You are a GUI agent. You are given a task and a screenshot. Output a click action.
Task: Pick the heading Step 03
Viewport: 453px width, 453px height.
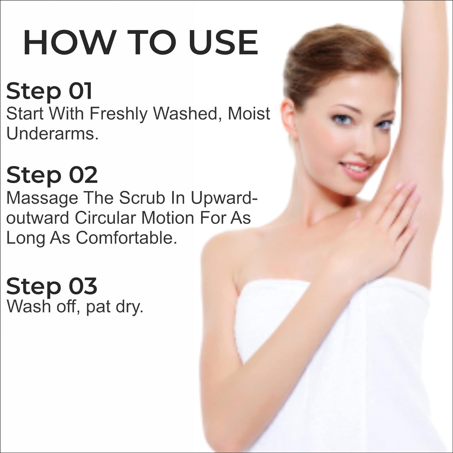point(52,287)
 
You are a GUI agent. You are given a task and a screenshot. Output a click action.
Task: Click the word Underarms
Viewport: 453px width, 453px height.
point(52,134)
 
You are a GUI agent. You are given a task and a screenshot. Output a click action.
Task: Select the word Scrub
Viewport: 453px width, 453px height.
point(141,198)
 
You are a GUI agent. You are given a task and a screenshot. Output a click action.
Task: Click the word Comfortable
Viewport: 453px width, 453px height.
point(126,238)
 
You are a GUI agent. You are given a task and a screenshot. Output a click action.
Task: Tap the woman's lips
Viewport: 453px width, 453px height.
point(356,168)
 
